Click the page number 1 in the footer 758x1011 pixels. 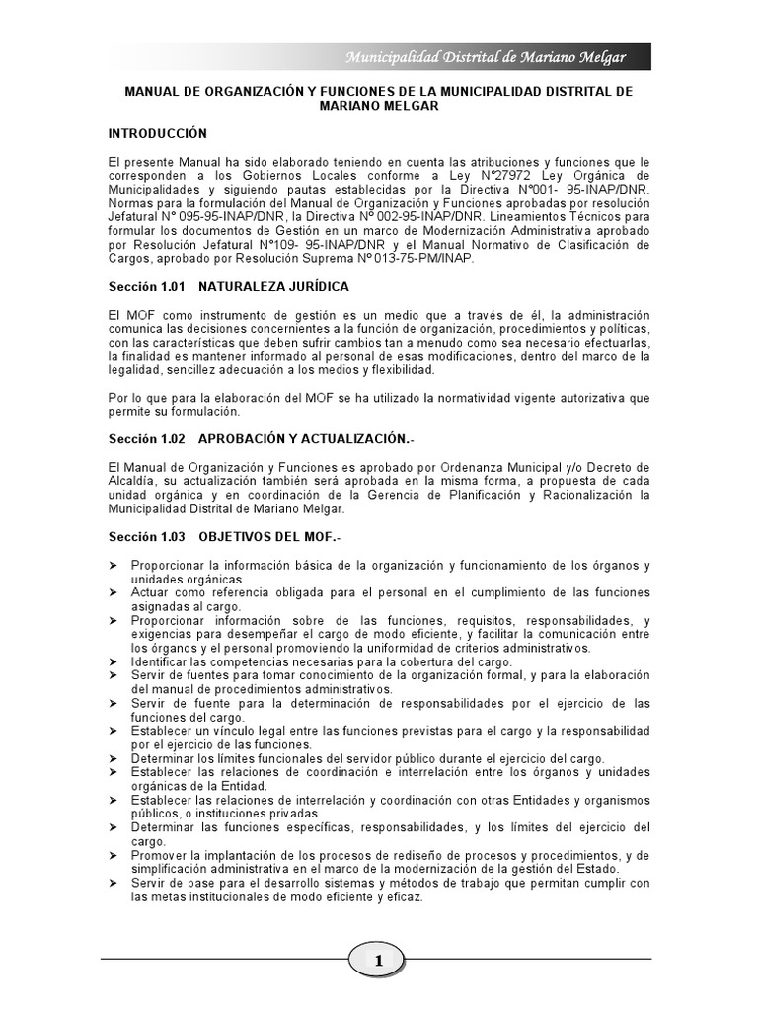(378, 960)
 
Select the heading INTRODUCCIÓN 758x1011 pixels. (157, 133)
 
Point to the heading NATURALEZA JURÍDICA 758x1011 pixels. (273, 286)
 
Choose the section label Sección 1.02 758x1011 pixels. (147, 436)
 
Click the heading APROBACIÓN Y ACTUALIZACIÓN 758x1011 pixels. (305, 436)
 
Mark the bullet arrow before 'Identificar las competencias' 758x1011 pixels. (114, 661)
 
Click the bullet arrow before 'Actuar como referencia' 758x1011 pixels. (114, 592)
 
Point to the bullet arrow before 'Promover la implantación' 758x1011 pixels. (114, 855)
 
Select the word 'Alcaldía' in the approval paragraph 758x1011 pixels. (132, 481)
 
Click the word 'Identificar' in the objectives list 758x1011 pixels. (160, 661)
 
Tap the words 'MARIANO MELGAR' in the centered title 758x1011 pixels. (379, 106)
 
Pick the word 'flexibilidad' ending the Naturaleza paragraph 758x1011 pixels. (399, 370)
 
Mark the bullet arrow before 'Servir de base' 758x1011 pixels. (114, 883)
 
